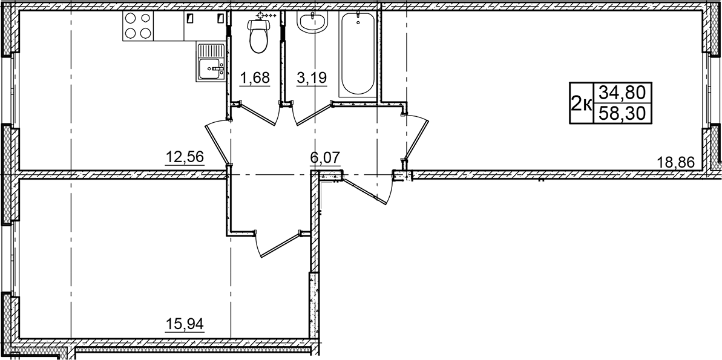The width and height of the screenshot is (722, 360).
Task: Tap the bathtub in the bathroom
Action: [x=357, y=53]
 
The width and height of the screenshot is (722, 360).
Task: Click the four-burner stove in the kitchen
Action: [x=137, y=26]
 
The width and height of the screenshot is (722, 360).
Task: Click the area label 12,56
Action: [x=184, y=157]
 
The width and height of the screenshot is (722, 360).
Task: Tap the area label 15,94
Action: [x=184, y=324]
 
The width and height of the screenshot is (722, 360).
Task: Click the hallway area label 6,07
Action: [x=325, y=157]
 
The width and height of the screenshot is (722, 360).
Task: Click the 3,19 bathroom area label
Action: [x=312, y=78]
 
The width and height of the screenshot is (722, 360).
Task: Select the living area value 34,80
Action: [x=621, y=93]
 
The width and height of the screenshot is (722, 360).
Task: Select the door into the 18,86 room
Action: [x=416, y=136]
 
